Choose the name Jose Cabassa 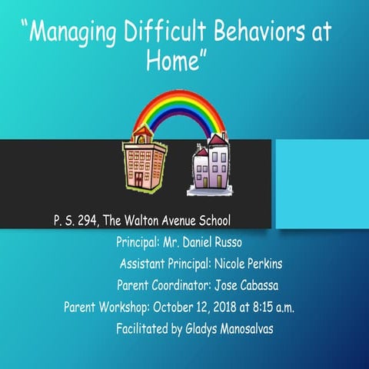(245, 286)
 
